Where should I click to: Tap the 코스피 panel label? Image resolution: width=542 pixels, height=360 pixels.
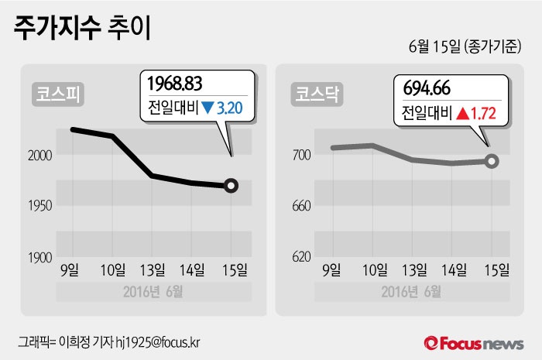[59, 95]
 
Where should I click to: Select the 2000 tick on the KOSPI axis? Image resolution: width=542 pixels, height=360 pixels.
[40, 156]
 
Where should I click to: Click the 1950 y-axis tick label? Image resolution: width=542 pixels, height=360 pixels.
[40, 206]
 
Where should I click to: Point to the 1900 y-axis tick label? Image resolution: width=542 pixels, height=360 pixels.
[40, 257]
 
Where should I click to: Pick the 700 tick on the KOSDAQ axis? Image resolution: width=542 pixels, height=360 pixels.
[301, 156]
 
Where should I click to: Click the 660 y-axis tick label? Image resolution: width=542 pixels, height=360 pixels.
[301, 206]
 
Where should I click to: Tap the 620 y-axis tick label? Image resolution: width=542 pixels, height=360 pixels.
[301, 257]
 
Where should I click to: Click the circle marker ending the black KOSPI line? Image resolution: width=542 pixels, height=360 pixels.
[232, 186]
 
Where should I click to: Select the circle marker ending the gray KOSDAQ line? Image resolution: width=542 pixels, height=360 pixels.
[492, 161]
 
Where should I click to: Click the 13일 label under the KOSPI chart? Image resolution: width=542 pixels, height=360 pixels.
[153, 270]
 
